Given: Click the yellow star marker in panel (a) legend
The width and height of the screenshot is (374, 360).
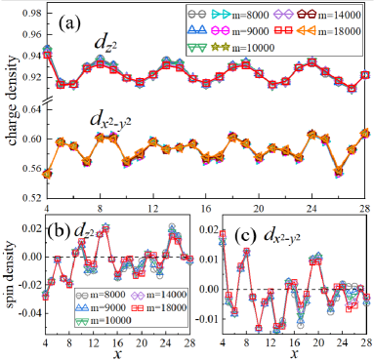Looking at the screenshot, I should coord(249,48).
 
